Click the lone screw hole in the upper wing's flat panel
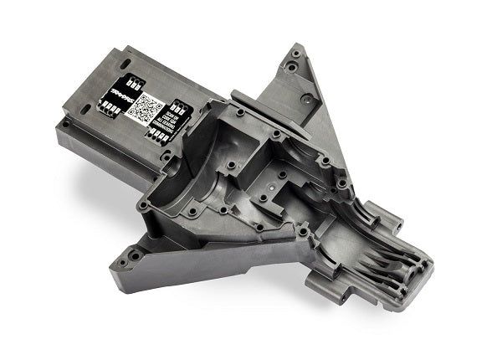307,99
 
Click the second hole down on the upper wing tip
292,65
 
